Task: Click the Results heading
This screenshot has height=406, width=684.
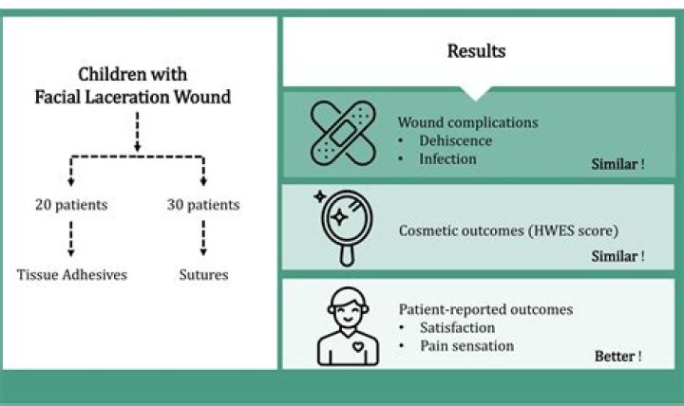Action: [477, 51]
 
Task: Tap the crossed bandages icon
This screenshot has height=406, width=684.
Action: [347, 136]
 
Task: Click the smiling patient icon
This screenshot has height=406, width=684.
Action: [345, 324]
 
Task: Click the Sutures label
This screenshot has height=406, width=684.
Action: [203, 275]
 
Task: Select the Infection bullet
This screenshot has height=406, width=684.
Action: [447, 158]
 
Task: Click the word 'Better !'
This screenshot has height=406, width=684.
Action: [617, 356]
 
